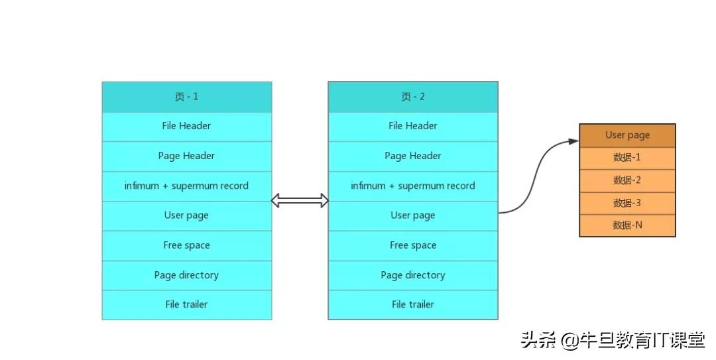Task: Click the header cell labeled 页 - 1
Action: [186, 97]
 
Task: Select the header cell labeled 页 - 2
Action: [412, 97]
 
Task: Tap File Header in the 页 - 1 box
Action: [186, 126]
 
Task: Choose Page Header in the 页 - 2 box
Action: [412, 156]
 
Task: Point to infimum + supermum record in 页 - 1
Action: [186, 186]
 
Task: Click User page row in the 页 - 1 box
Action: [186, 215]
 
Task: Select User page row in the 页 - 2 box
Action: [412, 215]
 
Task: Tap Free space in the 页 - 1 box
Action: [186, 245]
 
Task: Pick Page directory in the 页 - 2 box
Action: [412, 275]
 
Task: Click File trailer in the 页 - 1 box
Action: [186, 304]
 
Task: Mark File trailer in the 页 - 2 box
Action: [412, 304]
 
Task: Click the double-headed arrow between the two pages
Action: [300, 201]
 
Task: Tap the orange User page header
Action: [627, 135]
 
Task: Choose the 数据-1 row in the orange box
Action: [627, 158]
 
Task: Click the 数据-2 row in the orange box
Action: [627, 180]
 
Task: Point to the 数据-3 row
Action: [627, 203]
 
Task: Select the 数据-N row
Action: [627, 225]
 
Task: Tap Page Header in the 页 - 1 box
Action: [186, 156]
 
